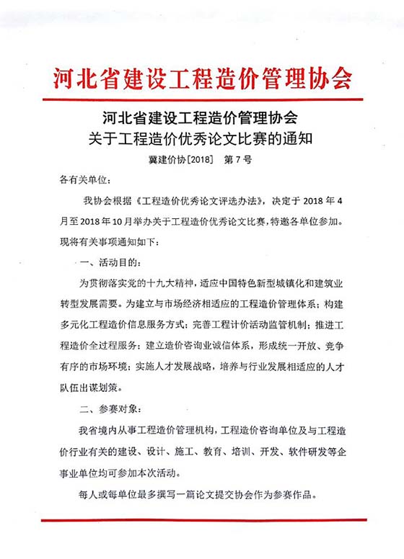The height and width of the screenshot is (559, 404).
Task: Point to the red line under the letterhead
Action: pyautogui.click(x=202, y=99)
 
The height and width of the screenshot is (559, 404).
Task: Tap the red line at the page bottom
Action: pyautogui.click(x=202, y=519)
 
